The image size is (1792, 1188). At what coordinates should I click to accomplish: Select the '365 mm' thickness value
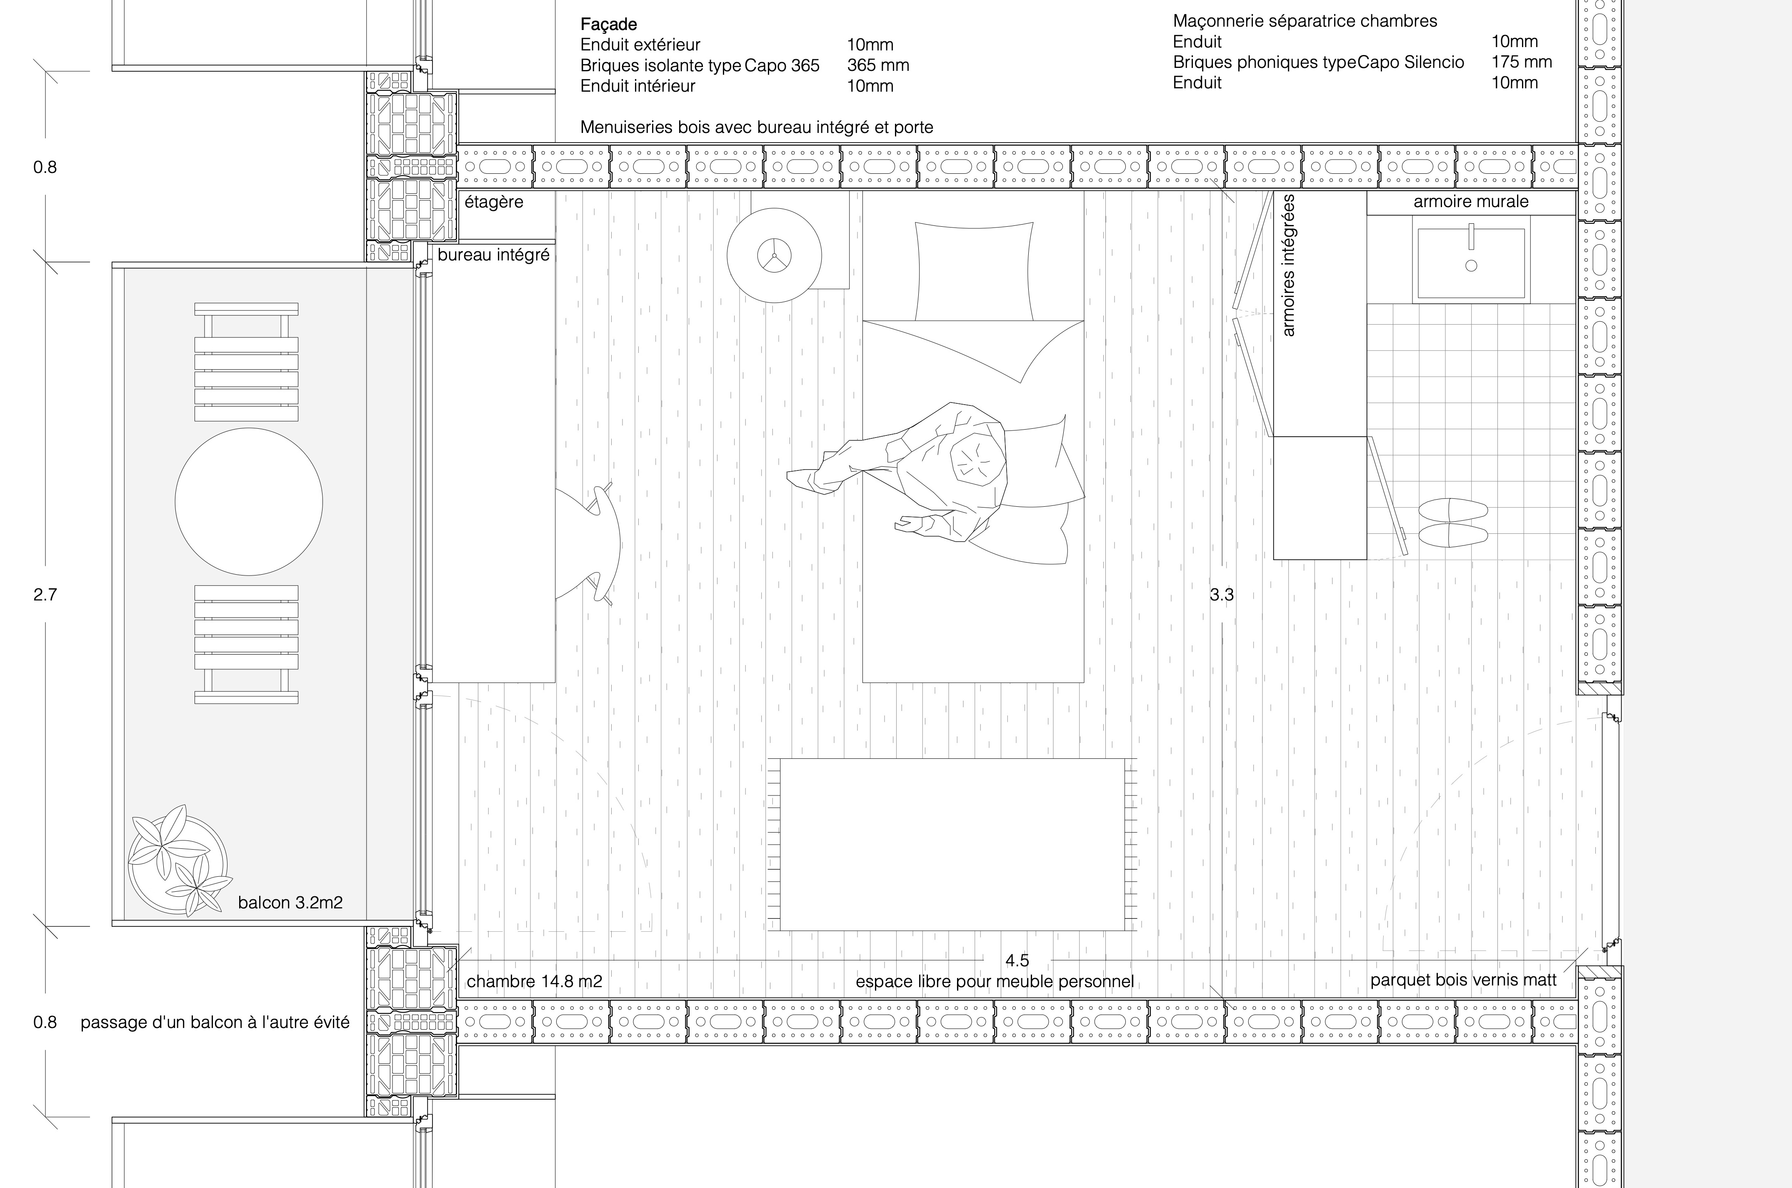pyautogui.click(x=878, y=65)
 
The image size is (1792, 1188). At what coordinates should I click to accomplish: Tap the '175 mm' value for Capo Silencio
pyautogui.click(x=1522, y=62)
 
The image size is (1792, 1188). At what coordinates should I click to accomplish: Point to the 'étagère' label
pyautogui.click(x=494, y=202)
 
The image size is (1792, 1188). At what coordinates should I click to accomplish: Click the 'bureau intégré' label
pyautogui.click(x=493, y=255)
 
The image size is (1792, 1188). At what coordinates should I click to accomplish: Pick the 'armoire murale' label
pyautogui.click(x=1471, y=202)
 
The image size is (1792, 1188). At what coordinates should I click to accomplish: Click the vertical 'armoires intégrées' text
pyautogui.click(x=1288, y=265)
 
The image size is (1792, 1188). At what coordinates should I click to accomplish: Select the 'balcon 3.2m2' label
pyautogui.click(x=290, y=903)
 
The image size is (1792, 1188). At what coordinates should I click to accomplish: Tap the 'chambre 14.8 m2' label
pyautogui.click(x=534, y=982)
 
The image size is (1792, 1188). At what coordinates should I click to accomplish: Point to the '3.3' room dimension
pyautogui.click(x=1221, y=595)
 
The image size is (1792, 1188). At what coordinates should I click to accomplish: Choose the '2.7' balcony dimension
pyautogui.click(x=45, y=595)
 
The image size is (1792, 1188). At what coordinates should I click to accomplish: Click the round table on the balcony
pyautogui.click(x=248, y=502)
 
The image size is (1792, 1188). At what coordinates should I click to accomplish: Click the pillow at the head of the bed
pyautogui.click(x=974, y=271)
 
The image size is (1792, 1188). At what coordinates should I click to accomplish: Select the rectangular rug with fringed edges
pyautogui.click(x=952, y=844)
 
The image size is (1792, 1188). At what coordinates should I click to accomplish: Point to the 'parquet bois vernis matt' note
pyautogui.click(x=1463, y=980)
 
